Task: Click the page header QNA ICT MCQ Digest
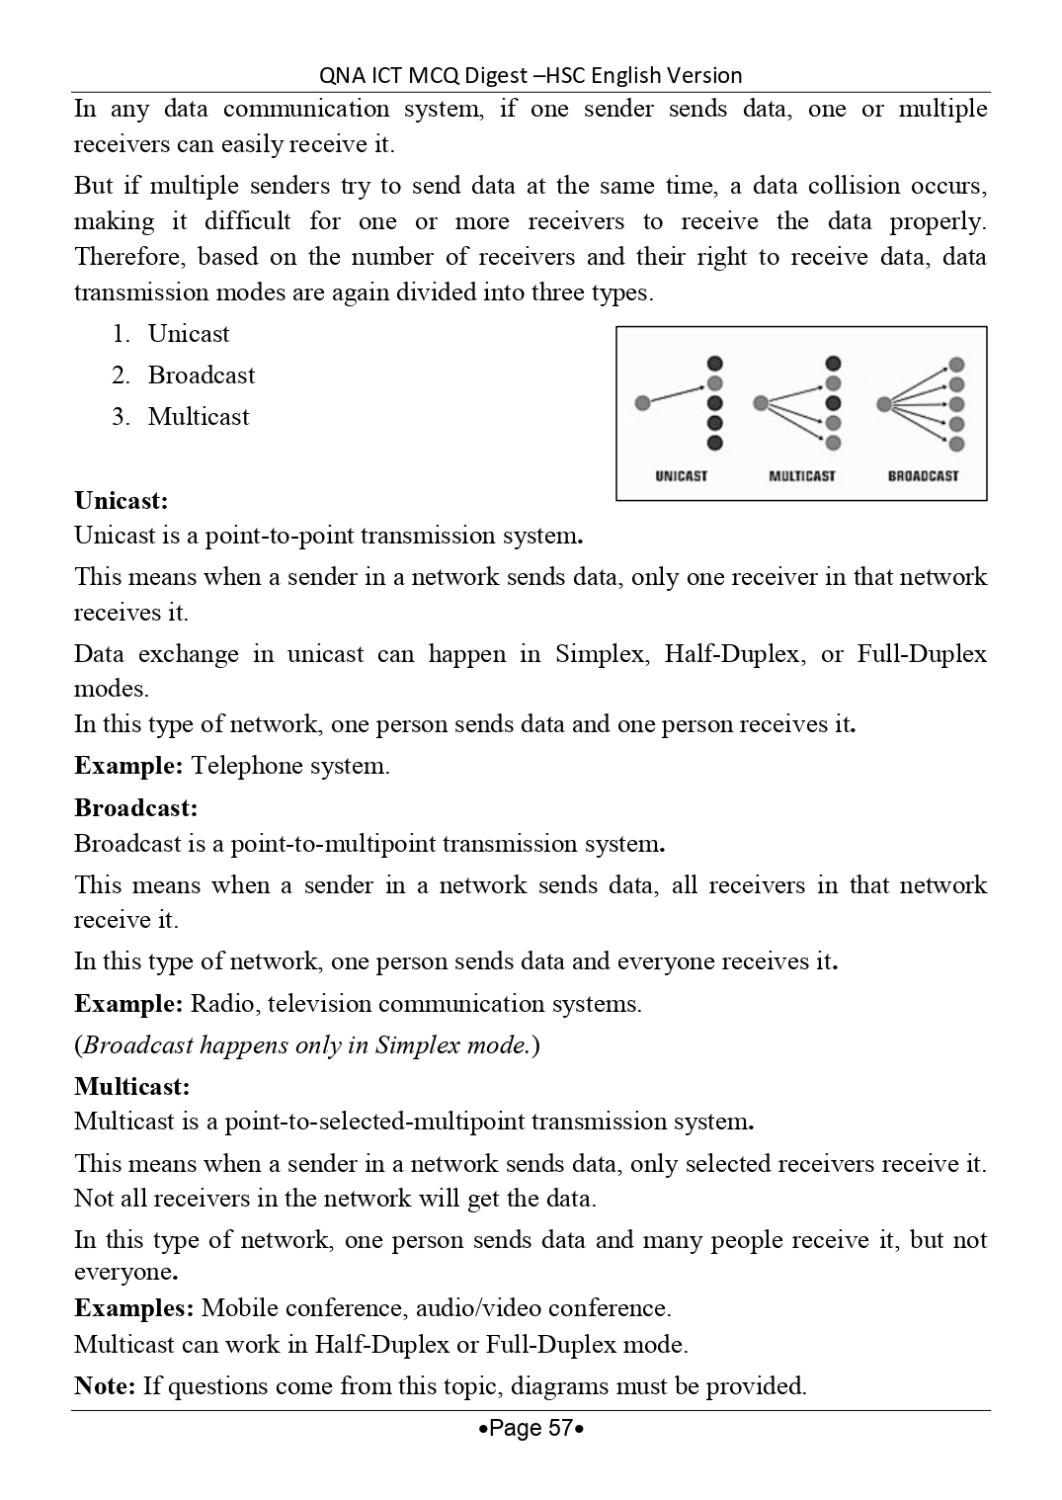point(531,75)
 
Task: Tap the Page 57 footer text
point(531,1428)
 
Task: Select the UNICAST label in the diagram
point(682,476)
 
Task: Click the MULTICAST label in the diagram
point(802,476)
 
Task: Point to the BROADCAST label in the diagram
point(923,476)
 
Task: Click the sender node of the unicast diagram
point(643,403)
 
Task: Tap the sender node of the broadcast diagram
point(883,403)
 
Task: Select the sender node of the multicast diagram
point(761,403)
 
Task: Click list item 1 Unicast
point(188,334)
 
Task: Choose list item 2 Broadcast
point(201,375)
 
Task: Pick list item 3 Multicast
point(198,417)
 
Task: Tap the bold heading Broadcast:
point(135,808)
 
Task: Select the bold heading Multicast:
point(131,1087)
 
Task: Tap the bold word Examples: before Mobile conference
point(134,1308)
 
